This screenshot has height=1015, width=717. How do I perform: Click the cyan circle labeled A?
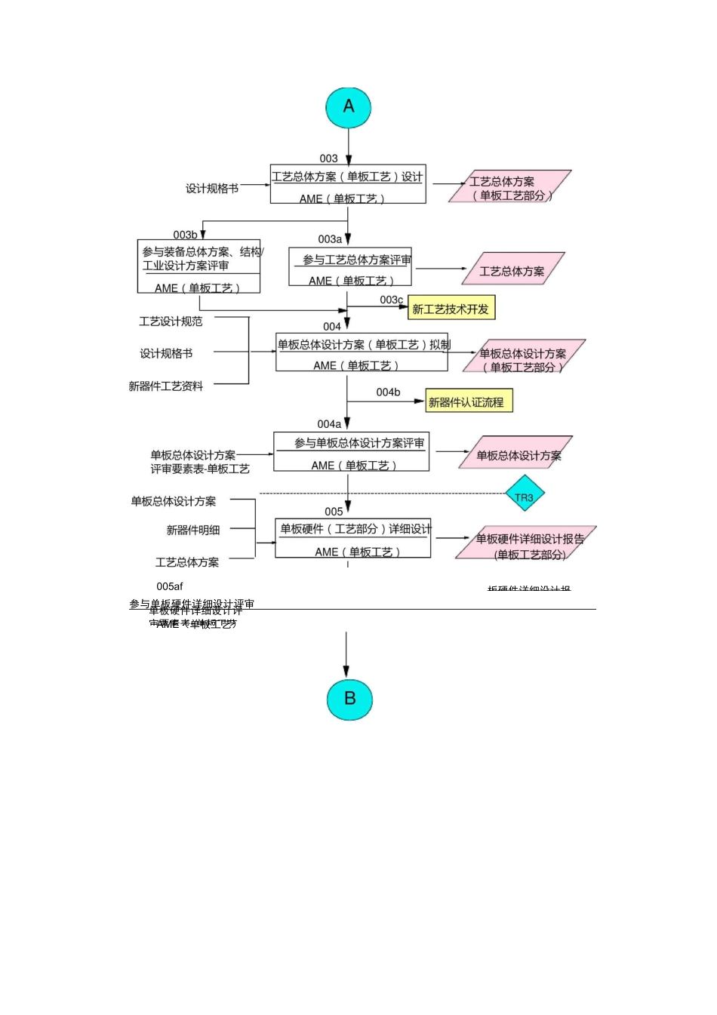coord(348,107)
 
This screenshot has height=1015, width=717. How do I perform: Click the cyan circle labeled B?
coord(349,699)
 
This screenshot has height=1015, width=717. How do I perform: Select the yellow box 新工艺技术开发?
coord(451,309)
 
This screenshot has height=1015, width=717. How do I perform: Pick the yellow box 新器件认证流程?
coord(469,402)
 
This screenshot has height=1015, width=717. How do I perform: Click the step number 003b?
coord(185,235)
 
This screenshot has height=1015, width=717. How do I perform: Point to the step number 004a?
coord(329,424)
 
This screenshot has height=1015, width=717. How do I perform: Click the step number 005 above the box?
coord(334,512)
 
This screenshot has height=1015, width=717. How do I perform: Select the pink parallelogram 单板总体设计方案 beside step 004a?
coord(516,454)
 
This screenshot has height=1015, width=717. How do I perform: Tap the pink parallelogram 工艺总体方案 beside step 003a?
coord(512,270)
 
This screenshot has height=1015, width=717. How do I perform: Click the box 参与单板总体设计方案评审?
coord(351,452)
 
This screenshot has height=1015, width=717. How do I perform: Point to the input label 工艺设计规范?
coord(171,321)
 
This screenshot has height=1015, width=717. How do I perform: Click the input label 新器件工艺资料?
coord(166,386)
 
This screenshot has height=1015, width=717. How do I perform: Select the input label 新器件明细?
coord(193,531)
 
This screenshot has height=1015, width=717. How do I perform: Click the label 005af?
coord(170,586)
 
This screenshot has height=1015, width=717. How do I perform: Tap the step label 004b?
coord(388,392)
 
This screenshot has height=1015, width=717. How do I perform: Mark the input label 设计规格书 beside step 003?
coord(212,189)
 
